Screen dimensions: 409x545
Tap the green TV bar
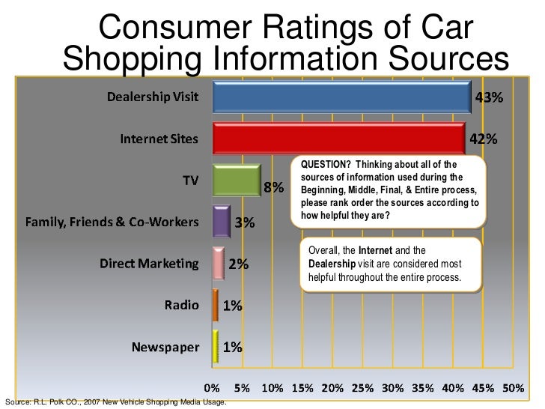(x=237, y=181)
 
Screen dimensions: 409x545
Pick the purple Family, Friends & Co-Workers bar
(x=221, y=222)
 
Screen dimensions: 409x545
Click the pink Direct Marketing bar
(x=219, y=264)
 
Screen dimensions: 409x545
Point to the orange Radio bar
(x=216, y=305)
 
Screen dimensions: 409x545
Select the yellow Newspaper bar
(x=216, y=346)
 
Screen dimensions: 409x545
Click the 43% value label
(x=490, y=98)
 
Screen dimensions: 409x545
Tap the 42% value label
(x=484, y=139)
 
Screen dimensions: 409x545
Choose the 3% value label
(x=245, y=222)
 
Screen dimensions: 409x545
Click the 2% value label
(x=239, y=264)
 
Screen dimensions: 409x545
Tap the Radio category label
(x=182, y=305)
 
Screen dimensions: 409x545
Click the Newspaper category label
(x=165, y=347)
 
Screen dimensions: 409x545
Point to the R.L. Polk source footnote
(x=115, y=404)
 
